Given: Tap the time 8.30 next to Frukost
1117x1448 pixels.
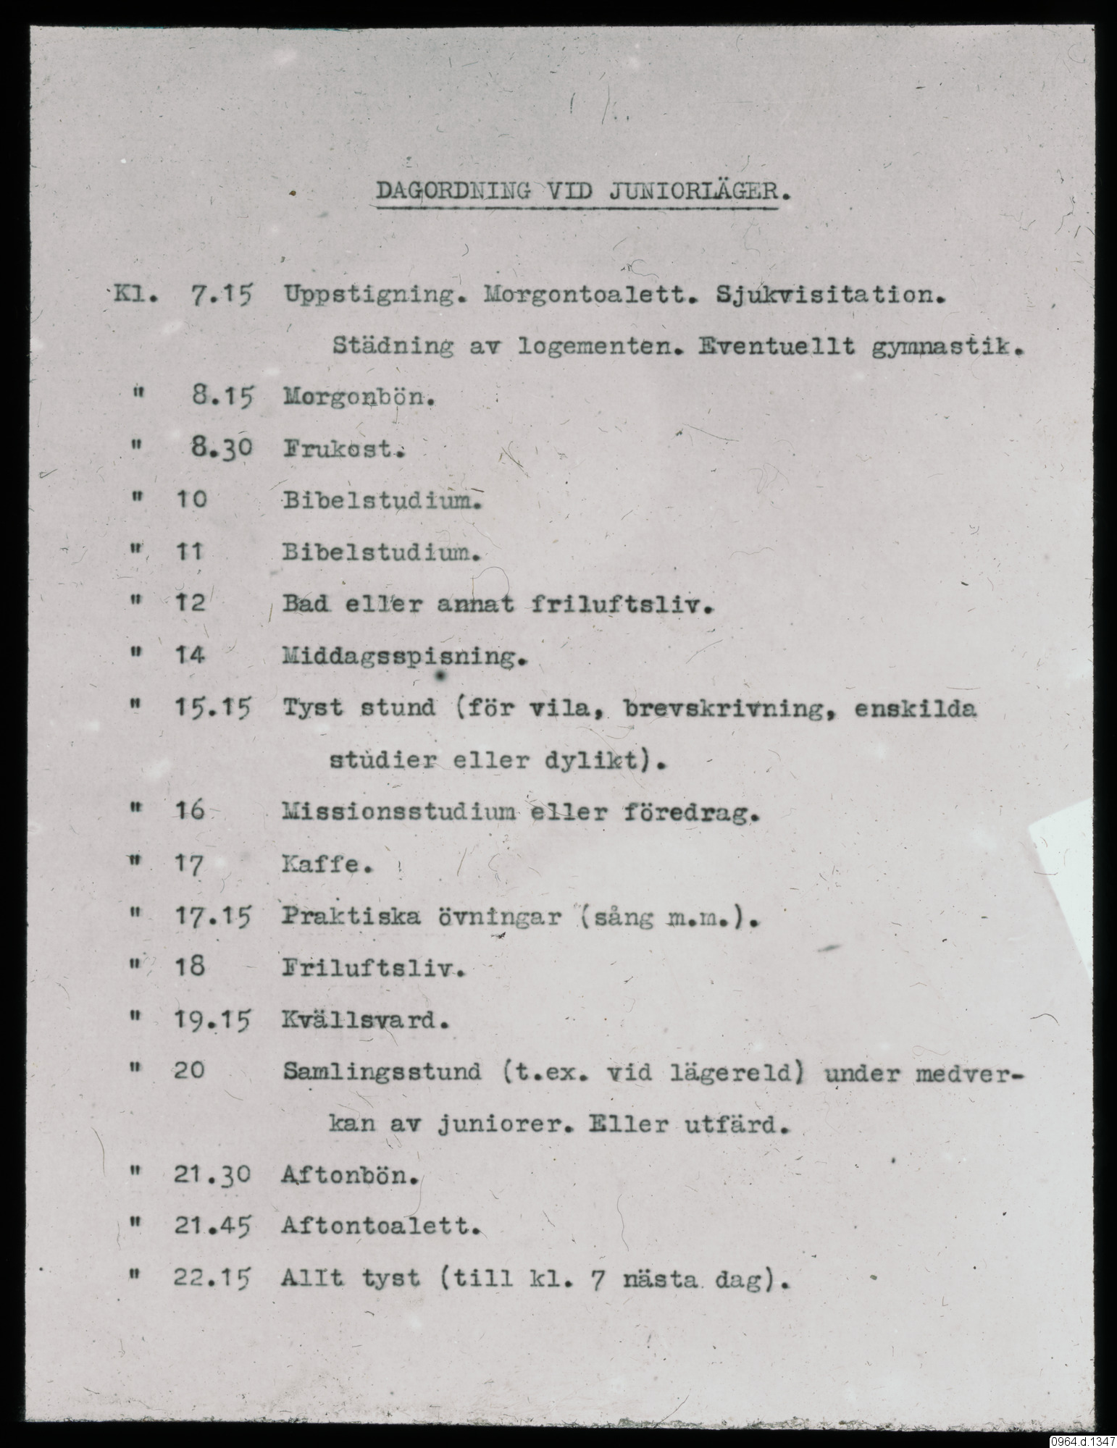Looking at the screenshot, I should (216, 449).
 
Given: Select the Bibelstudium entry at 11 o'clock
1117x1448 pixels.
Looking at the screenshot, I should (381, 553).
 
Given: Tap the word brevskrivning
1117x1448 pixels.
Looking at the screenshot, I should (727, 708).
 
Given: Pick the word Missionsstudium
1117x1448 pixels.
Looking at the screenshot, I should (398, 812).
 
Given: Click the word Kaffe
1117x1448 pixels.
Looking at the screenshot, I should (326, 864).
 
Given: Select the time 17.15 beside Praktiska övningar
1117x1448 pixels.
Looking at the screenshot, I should (212, 917).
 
